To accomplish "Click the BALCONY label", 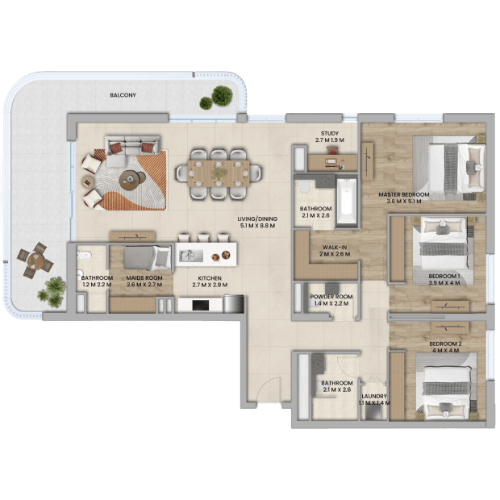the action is coord(123,95).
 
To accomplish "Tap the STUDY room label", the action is coord(330,133).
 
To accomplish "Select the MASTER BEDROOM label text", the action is coord(404,194).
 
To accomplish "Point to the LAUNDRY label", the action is coord(374,396).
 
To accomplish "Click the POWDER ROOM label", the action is coord(331,297).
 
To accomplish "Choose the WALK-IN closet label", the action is coord(335,247).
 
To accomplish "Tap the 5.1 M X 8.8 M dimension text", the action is coord(257,226).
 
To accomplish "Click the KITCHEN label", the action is coord(210,278).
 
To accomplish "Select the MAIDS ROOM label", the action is coord(144,277).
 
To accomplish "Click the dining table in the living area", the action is coord(219,173).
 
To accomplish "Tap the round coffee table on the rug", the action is coord(129,180).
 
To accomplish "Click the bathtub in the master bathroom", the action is coord(346,202).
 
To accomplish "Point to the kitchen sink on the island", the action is coord(190,256).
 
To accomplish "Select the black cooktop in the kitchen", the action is coord(201,305).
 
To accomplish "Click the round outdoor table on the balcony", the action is coord(35,260).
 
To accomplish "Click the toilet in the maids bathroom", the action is coord(84,255).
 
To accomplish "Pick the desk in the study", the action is coord(332,162).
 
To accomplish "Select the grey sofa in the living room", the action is coord(132,147).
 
